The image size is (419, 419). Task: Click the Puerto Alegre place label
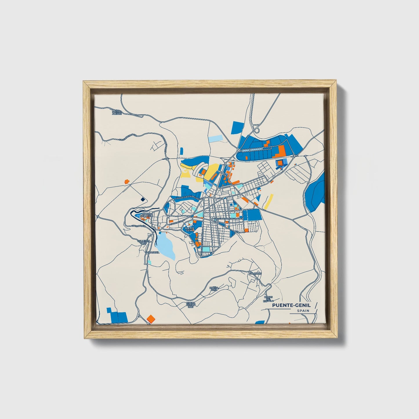tap(117, 112)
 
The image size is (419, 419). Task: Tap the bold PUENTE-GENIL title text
tap(291, 305)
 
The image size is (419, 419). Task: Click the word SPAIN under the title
tap(303, 311)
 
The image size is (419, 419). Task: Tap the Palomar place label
tap(255, 273)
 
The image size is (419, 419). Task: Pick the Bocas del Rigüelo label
tap(271, 299)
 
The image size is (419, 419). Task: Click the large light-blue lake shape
tap(165, 246)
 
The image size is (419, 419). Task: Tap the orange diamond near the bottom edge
tap(150, 318)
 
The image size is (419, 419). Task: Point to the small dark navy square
tap(142, 199)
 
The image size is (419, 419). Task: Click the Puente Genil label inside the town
tap(189, 229)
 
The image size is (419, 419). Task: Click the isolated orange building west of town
tap(126, 182)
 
